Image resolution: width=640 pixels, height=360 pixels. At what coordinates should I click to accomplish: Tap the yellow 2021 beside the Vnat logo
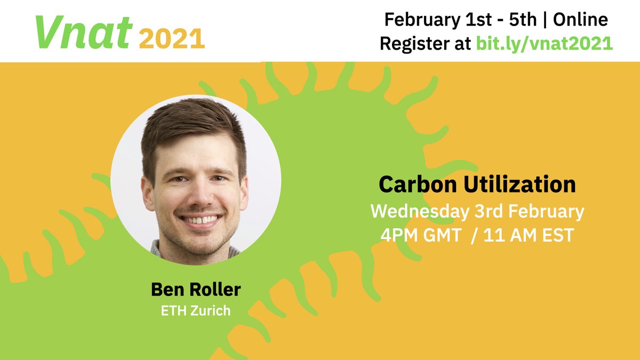(x=172, y=38)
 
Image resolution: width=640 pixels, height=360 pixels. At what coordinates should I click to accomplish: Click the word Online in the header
(x=580, y=20)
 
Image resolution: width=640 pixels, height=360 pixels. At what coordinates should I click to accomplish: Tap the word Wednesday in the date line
(x=420, y=211)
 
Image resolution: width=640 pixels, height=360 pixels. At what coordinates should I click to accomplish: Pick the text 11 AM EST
(x=528, y=235)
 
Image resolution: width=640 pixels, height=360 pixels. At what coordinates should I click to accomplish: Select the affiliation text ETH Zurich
(x=196, y=310)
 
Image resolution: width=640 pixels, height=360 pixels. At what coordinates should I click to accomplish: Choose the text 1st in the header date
(x=473, y=20)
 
